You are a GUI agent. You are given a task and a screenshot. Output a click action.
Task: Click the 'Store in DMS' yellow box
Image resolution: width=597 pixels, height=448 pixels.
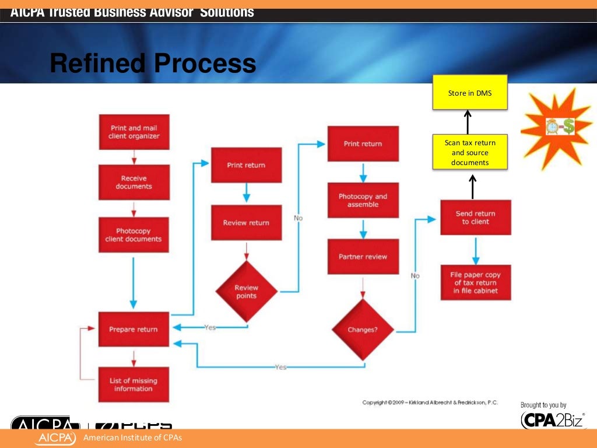tap(469, 92)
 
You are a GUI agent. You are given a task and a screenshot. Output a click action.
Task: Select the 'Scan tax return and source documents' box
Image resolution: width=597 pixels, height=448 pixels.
tap(469, 152)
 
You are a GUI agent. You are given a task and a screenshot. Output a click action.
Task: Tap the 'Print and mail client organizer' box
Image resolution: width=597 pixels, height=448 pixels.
tap(134, 132)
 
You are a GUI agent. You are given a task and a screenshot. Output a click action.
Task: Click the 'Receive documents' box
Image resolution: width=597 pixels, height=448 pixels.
tap(134, 182)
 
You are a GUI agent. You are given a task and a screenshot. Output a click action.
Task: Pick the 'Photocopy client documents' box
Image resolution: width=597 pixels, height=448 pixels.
tap(134, 235)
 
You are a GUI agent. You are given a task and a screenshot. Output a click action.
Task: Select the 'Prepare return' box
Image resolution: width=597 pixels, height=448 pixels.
tap(134, 329)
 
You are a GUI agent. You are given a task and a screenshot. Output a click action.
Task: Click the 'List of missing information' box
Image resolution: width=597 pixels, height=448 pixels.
tap(134, 384)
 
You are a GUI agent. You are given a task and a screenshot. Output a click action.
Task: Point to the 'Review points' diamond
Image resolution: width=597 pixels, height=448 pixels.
tap(246, 291)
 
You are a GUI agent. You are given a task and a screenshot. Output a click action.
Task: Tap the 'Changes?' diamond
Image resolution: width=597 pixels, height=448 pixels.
tap(363, 329)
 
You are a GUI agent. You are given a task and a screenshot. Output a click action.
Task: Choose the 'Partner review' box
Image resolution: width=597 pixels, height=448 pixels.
tap(363, 256)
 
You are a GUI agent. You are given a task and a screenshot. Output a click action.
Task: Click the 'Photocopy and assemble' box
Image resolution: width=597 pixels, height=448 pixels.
tap(363, 200)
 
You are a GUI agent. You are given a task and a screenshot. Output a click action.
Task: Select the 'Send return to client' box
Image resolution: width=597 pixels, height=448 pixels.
tap(475, 218)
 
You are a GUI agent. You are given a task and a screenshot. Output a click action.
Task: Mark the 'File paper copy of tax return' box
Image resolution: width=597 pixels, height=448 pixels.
tap(476, 283)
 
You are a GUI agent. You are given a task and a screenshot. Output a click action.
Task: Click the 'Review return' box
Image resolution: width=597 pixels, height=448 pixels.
tap(246, 222)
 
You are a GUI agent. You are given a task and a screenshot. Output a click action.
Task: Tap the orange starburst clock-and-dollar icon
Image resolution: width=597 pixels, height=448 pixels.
tap(556, 127)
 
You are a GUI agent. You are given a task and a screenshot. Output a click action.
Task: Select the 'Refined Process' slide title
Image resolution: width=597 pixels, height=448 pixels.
tap(153, 64)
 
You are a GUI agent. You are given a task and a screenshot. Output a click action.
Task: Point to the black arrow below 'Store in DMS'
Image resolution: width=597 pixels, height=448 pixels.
tap(468, 122)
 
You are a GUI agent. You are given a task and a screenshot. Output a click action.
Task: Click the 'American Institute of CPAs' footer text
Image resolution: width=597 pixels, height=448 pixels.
tap(133, 438)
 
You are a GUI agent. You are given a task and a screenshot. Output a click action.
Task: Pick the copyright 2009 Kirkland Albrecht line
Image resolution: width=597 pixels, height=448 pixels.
tap(430, 402)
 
